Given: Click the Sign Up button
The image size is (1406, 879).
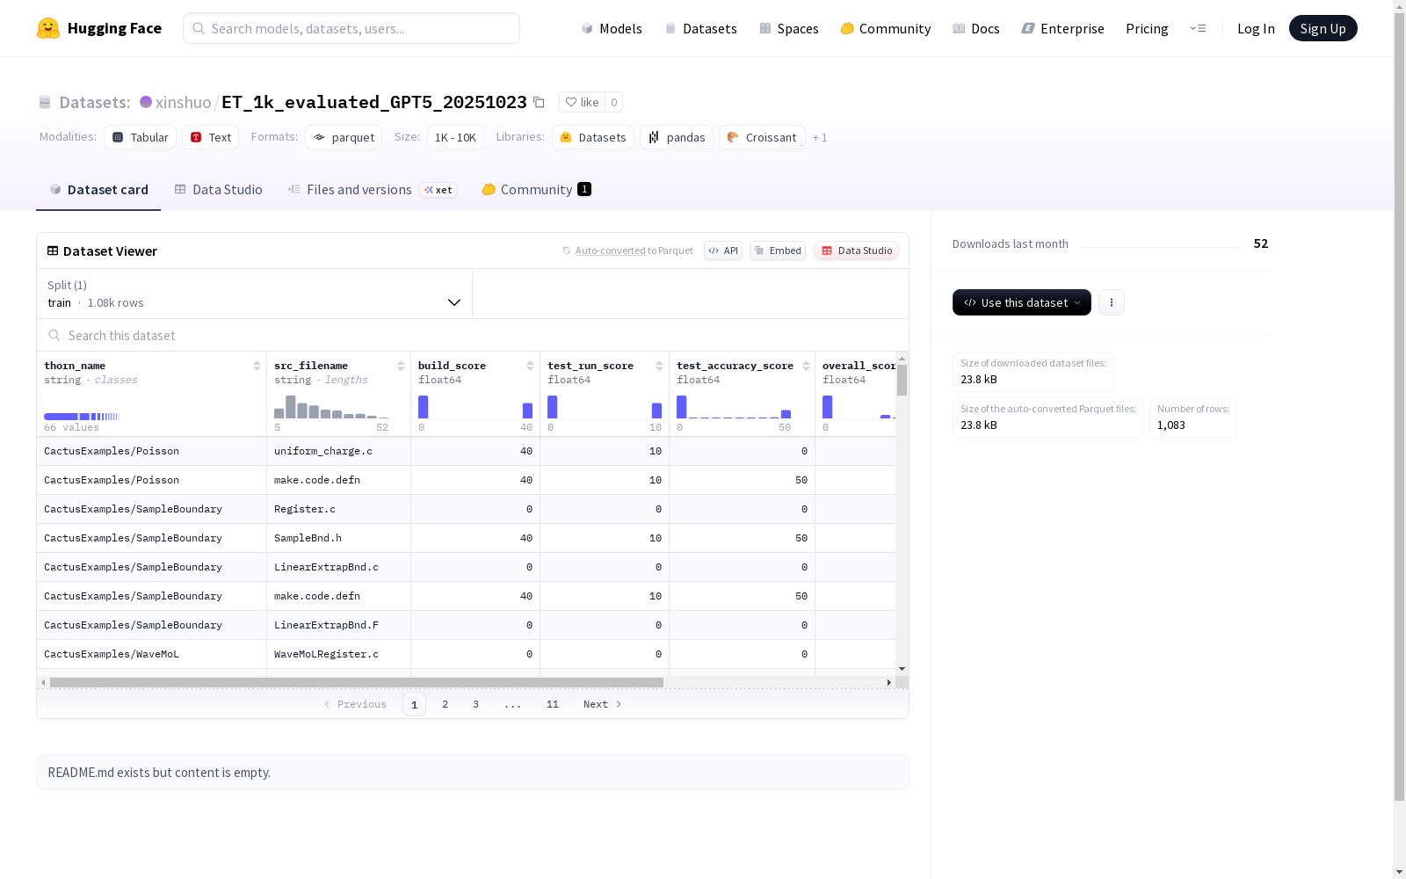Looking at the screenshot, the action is coord(1323,28).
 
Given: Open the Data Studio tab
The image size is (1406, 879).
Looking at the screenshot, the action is coord(218,190).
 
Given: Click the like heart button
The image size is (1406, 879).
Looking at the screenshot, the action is coord(582,102).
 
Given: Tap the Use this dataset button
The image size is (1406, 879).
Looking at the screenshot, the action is coord(1021,302).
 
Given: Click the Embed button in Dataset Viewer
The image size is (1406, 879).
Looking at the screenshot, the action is coord(777,251).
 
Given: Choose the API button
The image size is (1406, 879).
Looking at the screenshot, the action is coord(723,251).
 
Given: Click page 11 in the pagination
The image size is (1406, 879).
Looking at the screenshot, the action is coord(553,704).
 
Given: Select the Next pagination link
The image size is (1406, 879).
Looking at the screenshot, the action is coord(602,704).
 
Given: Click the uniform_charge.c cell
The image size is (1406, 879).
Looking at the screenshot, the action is coord(323,451).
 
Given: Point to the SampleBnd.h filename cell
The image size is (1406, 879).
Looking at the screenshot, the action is coord(308,538).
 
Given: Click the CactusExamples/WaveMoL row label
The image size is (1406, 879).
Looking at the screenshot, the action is coord(112,654).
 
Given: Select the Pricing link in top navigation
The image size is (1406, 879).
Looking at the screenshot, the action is coord(1147,28).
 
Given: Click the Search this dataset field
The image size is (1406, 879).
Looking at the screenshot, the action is coord(472,335).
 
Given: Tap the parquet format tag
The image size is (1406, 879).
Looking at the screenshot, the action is coord(344,137).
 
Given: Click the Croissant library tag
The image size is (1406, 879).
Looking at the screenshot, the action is coord(762,137).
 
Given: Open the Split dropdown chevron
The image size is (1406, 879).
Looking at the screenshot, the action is coord(453,302).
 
